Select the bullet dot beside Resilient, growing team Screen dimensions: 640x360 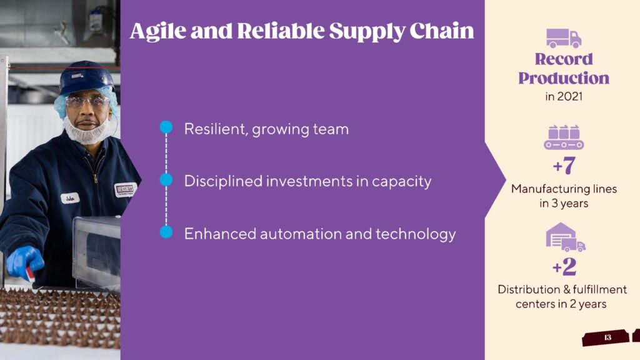[166, 127]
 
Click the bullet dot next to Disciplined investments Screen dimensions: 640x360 [166, 179]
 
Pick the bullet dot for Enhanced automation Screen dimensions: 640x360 [166, 232]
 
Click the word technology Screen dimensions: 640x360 [416, 234]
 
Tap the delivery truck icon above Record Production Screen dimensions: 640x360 [564, 38]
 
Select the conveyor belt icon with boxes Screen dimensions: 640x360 [564, 137]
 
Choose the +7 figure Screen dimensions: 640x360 [564, 165]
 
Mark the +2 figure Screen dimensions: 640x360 [564, 266]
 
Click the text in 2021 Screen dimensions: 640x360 [564, 97]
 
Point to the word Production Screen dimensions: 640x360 [564, 78]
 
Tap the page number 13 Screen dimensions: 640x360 [607, 337]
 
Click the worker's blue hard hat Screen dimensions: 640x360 [86, 77]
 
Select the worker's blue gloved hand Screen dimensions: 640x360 [24, 262]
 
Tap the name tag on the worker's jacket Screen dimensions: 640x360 [70, 199]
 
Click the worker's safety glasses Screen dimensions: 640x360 [87, 101]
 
